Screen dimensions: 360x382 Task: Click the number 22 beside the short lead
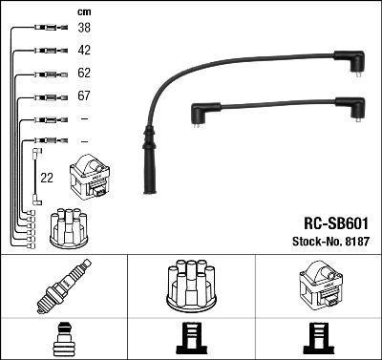[46, 177]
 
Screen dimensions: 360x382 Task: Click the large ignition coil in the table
[317, 286]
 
